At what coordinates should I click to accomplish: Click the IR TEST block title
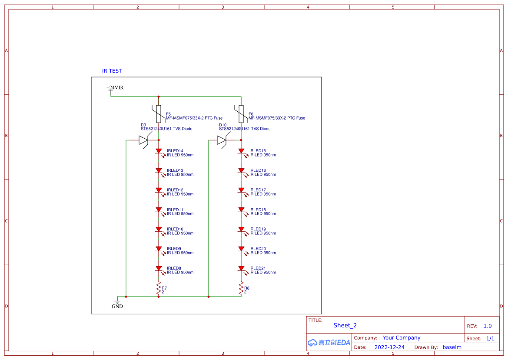pyautogui.click(x=112, y=71)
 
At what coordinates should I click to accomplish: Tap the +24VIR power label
pyautogui.click(x=115, y=88)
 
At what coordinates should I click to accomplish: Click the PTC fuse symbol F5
pyautogui.click(x=159, y=114)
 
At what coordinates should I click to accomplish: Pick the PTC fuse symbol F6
pyautogui.click(x=241, y=114)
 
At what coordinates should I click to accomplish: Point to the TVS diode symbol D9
pyautogui.click(x=144, y=140)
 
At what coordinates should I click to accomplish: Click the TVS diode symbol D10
pyautogui.click(x=222, y=140)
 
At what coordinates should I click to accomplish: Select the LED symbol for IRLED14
pyautogui.click(x=159, y=151)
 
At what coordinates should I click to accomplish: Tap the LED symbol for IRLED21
pyautogui.click(x=241, y=269)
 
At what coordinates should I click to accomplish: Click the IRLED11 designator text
pyautogui.click(x=175, y=210)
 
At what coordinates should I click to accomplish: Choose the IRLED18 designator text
pyautogui.click(x=258, y=210)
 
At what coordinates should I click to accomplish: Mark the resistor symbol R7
pyautogui.click(x=159, y=287)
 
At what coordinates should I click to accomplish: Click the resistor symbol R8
pyautogui.click(x=241, y=287)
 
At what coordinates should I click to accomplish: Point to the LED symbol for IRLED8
pyautogui.click(x=159, y=269)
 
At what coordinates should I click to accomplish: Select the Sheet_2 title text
pyautogui.click(x=345, y=325)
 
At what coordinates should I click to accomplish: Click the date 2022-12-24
pyautogui.click(x=389, y=347)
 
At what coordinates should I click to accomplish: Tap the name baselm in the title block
pyautogui.click(x=452, y=347)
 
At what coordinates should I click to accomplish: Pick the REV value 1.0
pyautogui.click(x=488, y=326)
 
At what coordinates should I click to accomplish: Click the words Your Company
pyautogui.click(x=402, y=338)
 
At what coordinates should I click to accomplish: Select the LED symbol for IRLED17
pyautogui.click(x=241, y=190)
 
